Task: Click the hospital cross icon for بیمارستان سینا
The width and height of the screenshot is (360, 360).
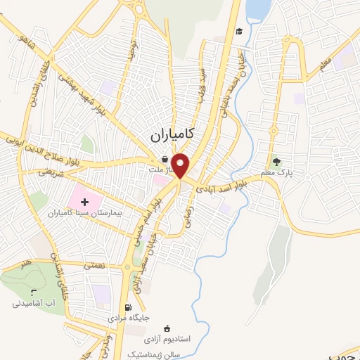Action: (x=94, y=202)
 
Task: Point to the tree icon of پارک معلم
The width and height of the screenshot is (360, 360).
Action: (x=276, y=161)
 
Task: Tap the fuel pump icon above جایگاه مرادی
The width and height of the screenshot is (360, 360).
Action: (x=127, y=307)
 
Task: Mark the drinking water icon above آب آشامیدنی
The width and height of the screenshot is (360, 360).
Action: (x=33, y=292)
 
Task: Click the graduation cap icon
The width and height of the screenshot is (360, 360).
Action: (x=239, y=32)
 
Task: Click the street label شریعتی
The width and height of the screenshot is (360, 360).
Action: (x=51, y=172)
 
